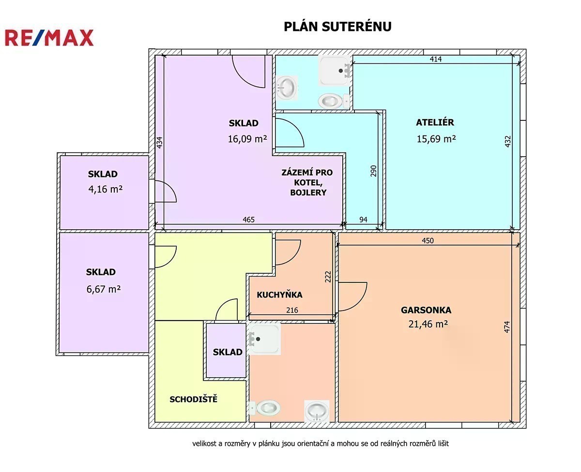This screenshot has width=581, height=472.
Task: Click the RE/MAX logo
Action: [49, 38]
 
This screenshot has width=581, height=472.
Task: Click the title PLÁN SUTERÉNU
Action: [337, 27]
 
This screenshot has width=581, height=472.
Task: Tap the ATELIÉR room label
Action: [435, 122]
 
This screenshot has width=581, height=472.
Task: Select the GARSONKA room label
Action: [426, 310]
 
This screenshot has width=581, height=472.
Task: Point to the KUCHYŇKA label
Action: [279, 295]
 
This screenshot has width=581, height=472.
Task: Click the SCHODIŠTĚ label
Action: [193, 399]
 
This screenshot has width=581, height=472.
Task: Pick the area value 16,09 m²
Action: [247, 139]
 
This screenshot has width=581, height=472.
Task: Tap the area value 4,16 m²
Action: [105, 189]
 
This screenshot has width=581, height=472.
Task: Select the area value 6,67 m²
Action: [104, 289]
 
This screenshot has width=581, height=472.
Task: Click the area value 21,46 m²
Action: [428, 324]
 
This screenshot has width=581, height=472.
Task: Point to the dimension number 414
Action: [436, 59]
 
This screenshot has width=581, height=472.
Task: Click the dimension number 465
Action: [248, 220]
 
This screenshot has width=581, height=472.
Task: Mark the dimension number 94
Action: [363, 220]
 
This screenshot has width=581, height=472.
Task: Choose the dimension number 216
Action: [292, 310]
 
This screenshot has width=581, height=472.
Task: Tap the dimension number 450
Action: [428, 240]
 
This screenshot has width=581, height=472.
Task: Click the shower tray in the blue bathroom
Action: [335, 70]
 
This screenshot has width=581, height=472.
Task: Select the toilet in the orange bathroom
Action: [265, 408]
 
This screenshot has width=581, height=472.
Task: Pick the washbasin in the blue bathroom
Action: [287, 88]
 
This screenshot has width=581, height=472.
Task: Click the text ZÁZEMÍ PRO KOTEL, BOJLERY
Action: [307, 182]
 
